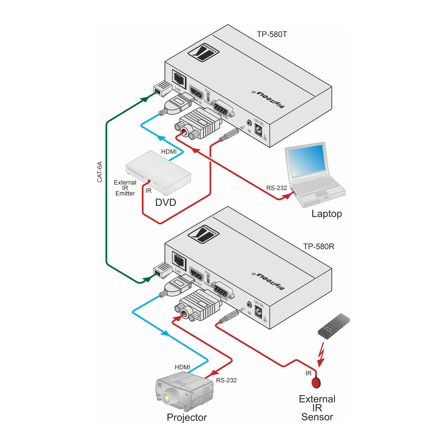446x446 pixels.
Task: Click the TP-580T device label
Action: tap(272, 35)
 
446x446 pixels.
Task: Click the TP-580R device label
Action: tap(319, 247)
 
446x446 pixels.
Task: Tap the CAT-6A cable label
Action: tap(100, 172)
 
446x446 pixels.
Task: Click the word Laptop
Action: tap(327, 214)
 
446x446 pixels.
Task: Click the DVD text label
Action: tap(165, 202)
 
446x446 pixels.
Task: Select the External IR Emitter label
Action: tap(125, 188)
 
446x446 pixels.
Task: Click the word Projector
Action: tap(187, 417)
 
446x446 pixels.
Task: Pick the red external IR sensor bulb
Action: tap(316, 383)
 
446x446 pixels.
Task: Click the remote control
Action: tap(334, 326)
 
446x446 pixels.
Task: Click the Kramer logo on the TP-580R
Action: tap(204, 234)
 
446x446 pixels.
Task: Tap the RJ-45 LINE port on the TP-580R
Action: tap(179, 260)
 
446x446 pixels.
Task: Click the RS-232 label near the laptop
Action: tap(276, 188)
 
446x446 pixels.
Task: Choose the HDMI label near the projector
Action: tap(182, 367)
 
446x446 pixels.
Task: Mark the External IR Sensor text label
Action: tap(317, 408)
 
